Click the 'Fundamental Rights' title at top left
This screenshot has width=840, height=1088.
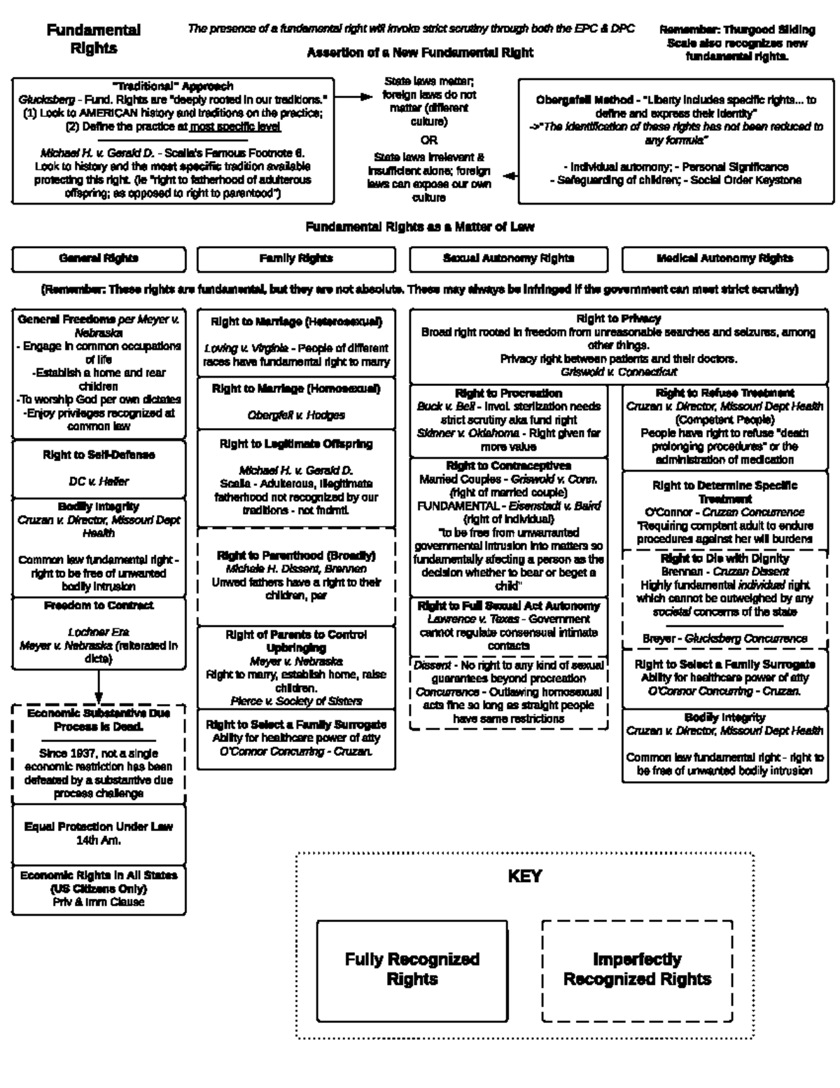pos(93,39)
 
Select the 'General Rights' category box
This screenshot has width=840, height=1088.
pos(99,259)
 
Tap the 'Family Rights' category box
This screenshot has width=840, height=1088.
pos(295,259)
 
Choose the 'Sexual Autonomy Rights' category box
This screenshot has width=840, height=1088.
pos(508,259)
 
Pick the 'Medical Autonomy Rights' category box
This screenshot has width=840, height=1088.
pos(724,259)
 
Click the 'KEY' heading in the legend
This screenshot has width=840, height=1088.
pos(524,876)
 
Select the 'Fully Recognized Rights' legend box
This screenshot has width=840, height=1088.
pos(412,969)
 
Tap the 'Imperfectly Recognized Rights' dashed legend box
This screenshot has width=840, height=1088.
pos(637,969)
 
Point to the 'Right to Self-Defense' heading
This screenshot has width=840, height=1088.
pos(99,455)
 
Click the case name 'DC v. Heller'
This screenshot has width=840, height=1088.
pos(99,482)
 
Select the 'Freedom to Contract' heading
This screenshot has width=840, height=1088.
pos(99,605)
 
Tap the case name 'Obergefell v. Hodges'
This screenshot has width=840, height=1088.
pos(296,415)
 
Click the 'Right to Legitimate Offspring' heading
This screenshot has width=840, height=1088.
pos(296,444)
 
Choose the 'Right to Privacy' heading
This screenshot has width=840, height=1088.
pos(618,319)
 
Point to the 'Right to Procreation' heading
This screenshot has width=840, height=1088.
pos(508,393)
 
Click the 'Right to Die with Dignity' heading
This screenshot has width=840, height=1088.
pos(724,558)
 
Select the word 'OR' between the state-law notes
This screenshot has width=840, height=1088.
pos(428,139)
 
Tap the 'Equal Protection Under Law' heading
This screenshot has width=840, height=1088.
pos(99,827)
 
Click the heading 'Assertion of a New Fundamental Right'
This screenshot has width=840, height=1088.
pos(420,53)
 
